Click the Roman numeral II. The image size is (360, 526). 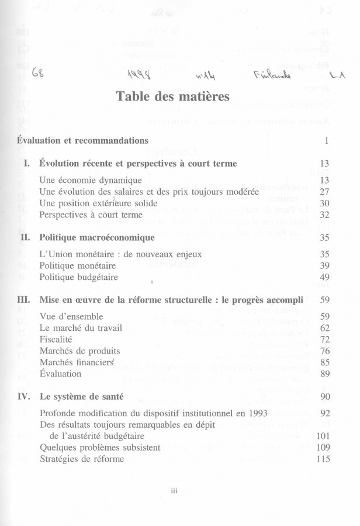point(23,238)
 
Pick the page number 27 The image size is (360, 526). point(326,192)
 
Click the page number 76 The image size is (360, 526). point(326,351)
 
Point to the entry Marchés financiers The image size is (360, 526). point(75,362)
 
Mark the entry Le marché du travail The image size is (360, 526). point(80,327)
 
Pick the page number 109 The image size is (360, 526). point(323,447)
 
